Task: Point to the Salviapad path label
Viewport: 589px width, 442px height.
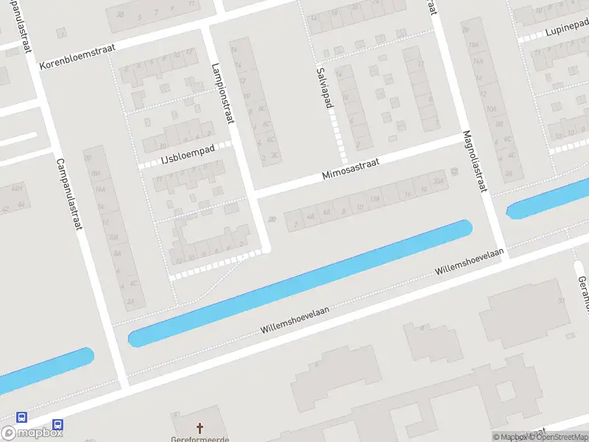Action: pos(322,87)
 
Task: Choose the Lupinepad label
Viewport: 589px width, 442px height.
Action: pos(564,32)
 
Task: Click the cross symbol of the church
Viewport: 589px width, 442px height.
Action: pos(200,427)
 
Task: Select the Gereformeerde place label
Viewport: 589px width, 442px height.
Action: pos(200,439)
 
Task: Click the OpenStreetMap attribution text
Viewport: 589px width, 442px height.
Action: pos(558,437)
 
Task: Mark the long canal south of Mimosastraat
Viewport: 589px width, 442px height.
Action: pos(300,283)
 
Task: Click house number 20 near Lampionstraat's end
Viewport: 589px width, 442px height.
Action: pos(272,219)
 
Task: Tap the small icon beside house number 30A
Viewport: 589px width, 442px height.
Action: pos(454,172)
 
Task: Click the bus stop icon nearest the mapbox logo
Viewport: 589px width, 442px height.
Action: pos(57,425)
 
